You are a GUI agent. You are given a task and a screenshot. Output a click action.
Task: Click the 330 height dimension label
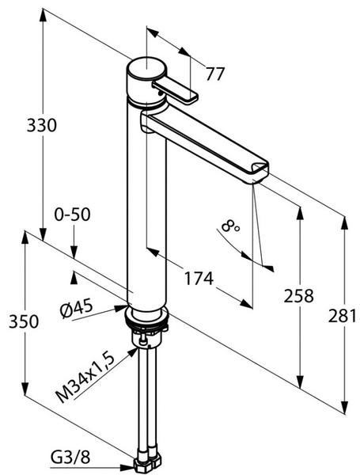point(41,125)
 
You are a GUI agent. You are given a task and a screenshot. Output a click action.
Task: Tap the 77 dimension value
point(215,74)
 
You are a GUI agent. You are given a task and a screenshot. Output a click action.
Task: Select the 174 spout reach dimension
point(199,279)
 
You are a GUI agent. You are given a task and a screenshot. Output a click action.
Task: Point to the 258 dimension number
point(298,296)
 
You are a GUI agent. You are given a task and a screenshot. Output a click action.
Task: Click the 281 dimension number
point(343,316)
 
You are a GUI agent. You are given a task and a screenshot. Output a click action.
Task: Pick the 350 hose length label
point(24,321)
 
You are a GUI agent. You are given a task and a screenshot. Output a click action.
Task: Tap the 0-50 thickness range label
point(72,215)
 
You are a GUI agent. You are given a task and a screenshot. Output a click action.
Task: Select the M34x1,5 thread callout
point(86,378)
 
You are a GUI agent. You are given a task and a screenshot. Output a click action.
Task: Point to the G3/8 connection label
point(70,458)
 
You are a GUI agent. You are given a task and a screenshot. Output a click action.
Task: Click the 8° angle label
point(231,226)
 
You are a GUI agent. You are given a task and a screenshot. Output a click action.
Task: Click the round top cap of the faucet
point(146,68)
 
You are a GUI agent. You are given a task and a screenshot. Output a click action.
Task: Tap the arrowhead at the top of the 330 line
point(43,15)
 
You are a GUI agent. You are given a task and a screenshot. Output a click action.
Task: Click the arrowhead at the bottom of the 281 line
point(344,407)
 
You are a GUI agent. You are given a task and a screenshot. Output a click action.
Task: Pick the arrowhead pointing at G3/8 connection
point(127,467)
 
